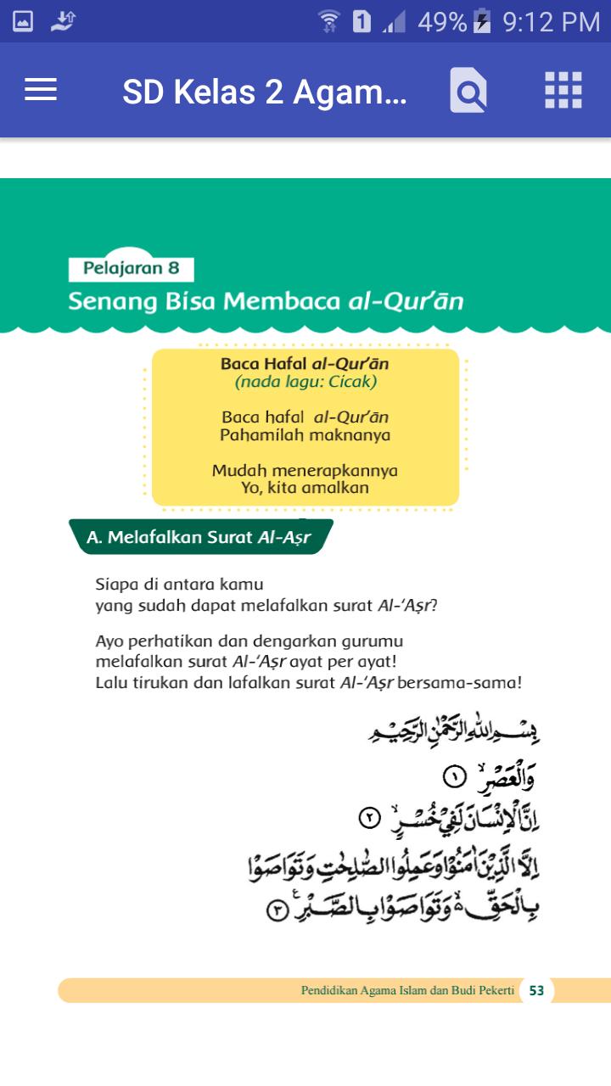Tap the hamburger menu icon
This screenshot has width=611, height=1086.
[x=41, y=90]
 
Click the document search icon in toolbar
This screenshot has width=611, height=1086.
[x=468, y=91]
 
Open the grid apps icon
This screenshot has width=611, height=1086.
[x=563, y=90]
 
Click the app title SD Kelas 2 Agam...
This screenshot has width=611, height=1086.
[x=264, y=92]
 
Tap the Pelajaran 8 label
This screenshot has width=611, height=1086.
[x=132, y=269]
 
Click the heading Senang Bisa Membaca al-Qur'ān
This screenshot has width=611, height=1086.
[x=266, y=301]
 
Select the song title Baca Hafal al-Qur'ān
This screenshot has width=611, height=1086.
[x=305, y=364]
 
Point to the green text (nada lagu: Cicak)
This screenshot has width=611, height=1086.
[x=305, y=382]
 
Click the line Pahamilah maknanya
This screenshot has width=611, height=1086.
[x=305, y=435]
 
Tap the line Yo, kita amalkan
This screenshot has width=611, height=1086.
[x=305, y=488]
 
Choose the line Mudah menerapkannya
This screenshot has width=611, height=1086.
[x=305, y=470]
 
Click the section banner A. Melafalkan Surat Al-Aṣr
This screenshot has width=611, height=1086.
[x=199, y=537]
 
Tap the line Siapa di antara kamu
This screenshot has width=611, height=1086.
[x=179, y=585]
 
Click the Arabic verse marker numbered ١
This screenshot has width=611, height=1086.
[x=454, y=776]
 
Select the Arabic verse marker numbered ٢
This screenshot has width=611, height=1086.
[x=370, y=819]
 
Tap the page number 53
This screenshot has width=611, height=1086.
[x=536, y=990]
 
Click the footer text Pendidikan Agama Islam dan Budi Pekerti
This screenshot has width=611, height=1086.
[x=407, y=990]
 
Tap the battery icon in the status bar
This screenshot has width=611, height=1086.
[x=482, y=22]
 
